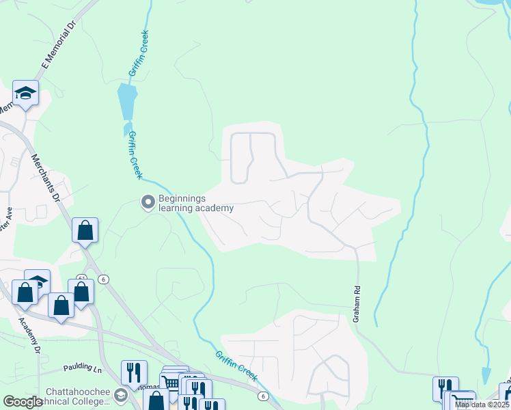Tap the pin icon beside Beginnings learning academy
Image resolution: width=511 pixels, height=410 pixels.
(147, 202)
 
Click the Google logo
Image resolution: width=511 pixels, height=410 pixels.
(23, 402)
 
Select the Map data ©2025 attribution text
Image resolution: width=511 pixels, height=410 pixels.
(482, 405)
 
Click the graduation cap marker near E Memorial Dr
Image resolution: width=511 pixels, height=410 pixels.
(25, 94)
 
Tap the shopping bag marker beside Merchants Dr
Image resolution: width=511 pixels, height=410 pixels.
(85, 230)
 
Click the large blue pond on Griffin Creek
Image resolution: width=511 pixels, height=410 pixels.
(127, 100)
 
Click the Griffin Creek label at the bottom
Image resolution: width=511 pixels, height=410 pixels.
(236, 366)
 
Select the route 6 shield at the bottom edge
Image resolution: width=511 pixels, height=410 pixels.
(262, 396)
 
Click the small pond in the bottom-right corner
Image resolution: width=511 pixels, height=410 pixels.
(486, 375)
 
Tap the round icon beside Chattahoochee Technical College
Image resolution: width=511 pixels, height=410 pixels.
(120, 396)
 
